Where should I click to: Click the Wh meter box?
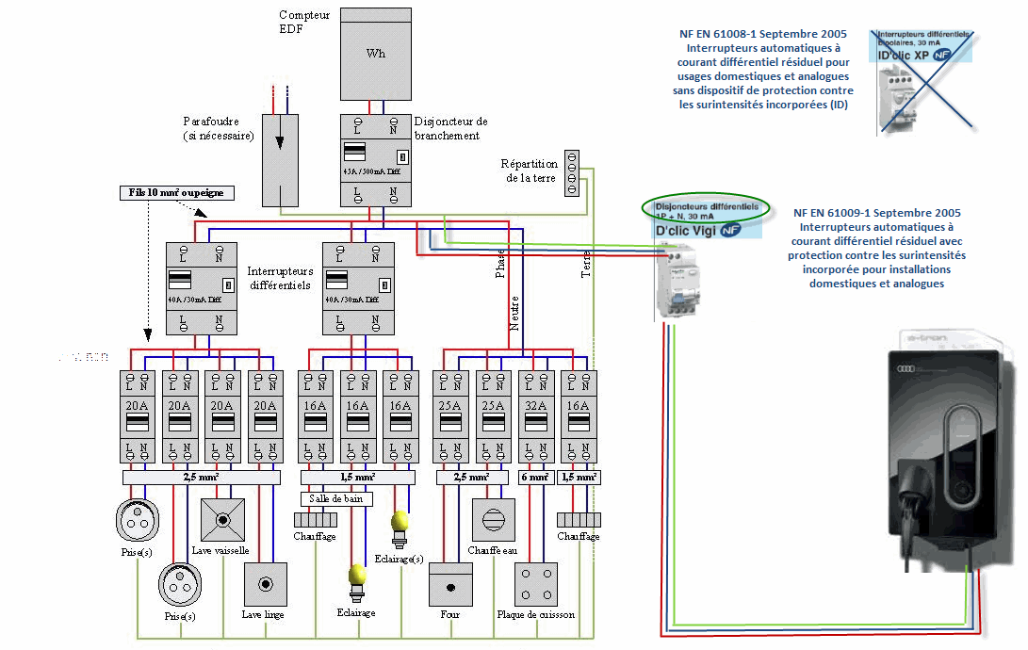point(376,54)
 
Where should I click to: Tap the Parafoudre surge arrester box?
point(279,160)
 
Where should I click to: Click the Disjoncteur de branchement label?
point(450,128)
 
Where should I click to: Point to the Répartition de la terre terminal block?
point(571,173)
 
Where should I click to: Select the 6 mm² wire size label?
point(535,478)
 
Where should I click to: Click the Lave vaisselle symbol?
point(222,520)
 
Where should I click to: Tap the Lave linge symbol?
point(265,584)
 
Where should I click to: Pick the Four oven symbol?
point(450,585)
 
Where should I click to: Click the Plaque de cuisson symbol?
point(535,584)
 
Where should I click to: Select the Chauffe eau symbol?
point(493,520)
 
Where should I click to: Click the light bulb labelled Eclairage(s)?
point(400,523)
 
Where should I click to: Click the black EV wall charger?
point(948,450)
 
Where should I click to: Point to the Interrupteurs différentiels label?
point(279,278)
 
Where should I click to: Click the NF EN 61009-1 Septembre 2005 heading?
point(876,214)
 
